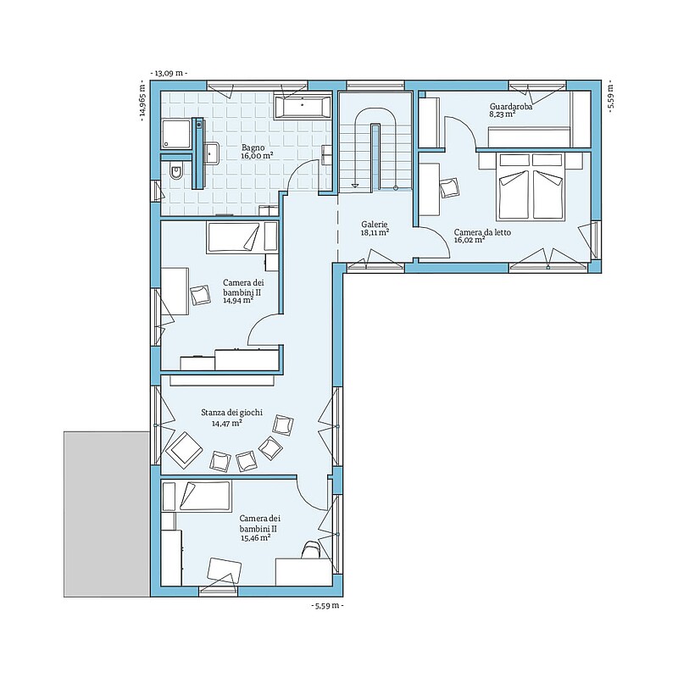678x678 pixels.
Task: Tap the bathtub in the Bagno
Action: point(303,106)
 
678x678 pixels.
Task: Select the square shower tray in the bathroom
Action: point(175,135)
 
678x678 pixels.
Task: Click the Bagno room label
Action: point(253,147)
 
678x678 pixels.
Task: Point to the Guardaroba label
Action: point(511,107)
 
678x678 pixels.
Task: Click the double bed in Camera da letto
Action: point(532,186)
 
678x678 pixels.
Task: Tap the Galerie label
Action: point(375,225)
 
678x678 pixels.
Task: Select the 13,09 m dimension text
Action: point(169,73)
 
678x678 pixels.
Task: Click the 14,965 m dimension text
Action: point(142,100)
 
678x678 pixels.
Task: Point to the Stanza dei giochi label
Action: point(231,413)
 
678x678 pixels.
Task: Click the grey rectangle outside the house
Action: point(107,514)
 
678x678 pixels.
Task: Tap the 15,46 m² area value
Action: point(256,538)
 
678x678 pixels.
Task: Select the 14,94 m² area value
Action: point(238,301)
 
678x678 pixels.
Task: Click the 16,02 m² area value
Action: point(470,240)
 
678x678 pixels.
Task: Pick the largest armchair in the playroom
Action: point(184,449)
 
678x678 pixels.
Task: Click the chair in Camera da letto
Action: point(450,188)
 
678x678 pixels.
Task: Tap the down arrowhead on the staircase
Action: point(354,185)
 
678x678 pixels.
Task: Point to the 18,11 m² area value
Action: point(375,232)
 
